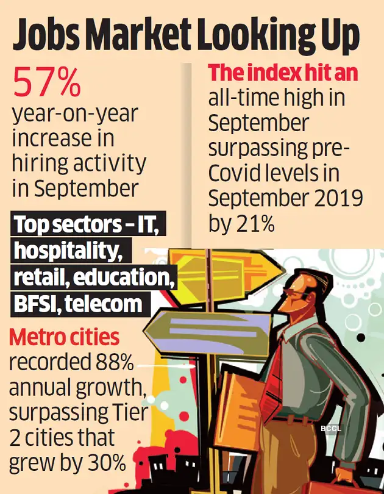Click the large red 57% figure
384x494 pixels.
coord(47,83)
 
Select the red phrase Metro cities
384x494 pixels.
coord(63,337)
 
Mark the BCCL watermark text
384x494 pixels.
coord(331,429)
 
